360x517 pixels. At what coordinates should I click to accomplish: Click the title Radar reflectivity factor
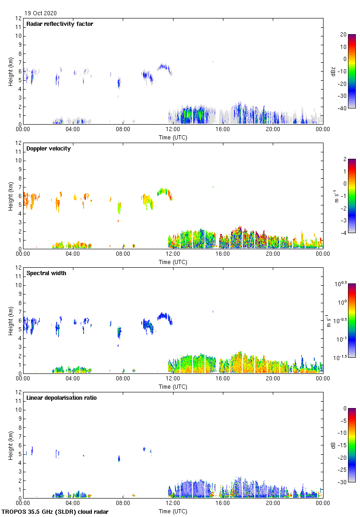click(60, 24)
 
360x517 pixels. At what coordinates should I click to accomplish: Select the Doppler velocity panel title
click(48, 149)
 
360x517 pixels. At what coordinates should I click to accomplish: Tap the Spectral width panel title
click(46, 273)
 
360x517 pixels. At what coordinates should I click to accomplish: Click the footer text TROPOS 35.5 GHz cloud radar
click(55, 512)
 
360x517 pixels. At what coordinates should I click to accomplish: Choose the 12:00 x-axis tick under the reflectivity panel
click(173, 129)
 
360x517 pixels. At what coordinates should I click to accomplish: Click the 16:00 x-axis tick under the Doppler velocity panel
click(222, 254)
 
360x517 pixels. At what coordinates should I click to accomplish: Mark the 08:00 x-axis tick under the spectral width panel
click(123, 379)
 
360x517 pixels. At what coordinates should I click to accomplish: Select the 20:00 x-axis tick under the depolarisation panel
click(273, 503)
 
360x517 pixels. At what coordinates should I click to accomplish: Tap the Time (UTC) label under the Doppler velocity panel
click(173, 262)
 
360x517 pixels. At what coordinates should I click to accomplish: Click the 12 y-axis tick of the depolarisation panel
click(18, 392)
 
